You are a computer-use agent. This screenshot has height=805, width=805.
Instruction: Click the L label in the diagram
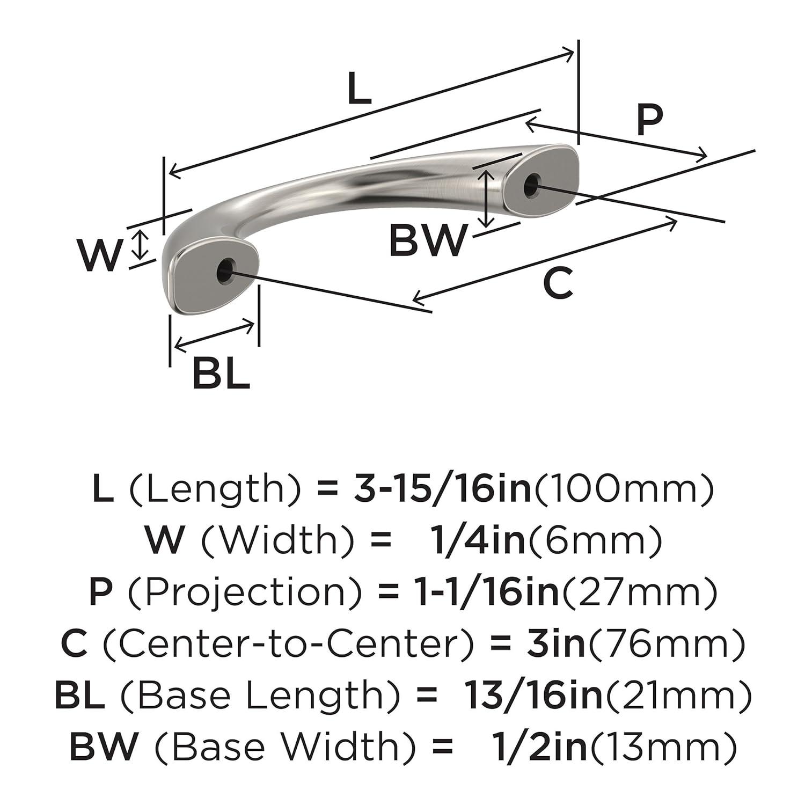pyautogui.click(x=359, y=89)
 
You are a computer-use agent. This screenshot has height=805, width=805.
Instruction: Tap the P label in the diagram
pyautogui.click(x=649, y=120)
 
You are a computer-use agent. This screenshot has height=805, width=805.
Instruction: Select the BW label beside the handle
pyautogui.click(x=428, y=241)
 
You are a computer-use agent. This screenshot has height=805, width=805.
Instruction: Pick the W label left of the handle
pyautogui.click(x=99, y=255)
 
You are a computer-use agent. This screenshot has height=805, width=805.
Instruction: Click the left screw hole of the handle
pyautogui.click(x=225, y=269)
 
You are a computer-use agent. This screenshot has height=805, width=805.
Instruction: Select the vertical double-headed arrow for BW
pyautogui.click(x=486, y=198)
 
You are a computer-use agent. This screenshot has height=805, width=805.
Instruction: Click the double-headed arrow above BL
pyautogui.click(x=214, y=335)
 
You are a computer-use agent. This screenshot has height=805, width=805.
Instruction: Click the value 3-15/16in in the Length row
pyautogui.click(x=442, y=489)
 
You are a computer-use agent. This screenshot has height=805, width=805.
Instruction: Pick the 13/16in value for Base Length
pyautogui.click(x=533, y=695)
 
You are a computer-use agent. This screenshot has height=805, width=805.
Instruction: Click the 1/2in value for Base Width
pyautogui.click(x=540, y=747)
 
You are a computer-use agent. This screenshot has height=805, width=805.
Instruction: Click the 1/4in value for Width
pyautogui.click(x=478, y=540)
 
